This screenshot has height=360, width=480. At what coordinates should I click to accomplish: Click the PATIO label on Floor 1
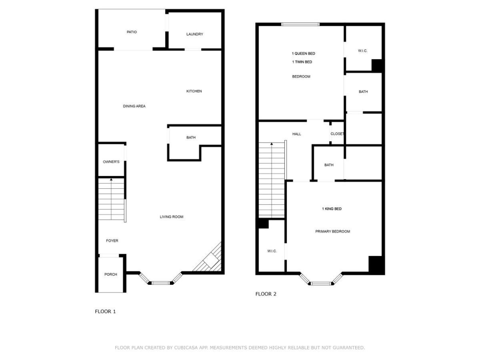point(132,32)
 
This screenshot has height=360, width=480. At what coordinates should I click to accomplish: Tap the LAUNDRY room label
point(195,34)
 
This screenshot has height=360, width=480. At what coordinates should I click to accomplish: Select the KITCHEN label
point(194,91)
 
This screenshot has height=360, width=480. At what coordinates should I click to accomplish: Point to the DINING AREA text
point(134,106)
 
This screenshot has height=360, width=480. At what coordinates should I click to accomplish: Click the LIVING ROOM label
point(172,217)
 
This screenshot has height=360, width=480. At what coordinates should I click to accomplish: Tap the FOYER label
point(112,241)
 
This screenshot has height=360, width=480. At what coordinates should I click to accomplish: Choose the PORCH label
point(111,274)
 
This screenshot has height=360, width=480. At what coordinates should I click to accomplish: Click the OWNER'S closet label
point(111,162)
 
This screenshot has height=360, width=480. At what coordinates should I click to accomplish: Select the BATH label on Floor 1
point(191,138)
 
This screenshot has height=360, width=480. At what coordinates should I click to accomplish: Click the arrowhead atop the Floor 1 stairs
point(111,180)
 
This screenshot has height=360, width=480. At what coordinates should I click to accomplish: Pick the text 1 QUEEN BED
point(303,54)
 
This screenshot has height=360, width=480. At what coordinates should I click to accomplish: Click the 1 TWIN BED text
point(302,62)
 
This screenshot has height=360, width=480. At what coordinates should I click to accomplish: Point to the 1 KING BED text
point(332,209)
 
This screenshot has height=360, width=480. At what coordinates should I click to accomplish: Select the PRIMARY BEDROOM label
point(332,232)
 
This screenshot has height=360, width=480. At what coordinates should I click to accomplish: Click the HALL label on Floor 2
point(296,134)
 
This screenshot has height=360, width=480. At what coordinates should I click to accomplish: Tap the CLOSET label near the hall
point(337,134)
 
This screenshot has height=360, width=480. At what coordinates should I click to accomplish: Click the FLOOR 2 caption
point(266,294)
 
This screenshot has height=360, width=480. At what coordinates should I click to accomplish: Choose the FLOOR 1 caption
point(105,312)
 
